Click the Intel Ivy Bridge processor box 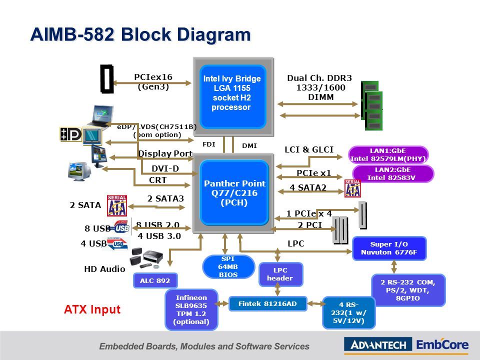click(232, 97)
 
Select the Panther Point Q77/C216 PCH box click(234, 192)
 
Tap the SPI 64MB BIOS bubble click(228, 267)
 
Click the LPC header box click(280, 274)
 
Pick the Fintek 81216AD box click(267, 303)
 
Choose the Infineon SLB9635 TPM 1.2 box click(191, 309)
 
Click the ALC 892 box click(155, 281)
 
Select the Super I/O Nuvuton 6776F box click(389, 248)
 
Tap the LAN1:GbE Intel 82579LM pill click(388, 154)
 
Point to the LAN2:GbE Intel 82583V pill click(393, 173)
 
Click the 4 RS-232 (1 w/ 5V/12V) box click(348, 312)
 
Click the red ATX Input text click(92, 309)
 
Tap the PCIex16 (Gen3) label click(153, 81)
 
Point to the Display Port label click(165, 153)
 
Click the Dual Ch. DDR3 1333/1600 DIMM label click(320, 87)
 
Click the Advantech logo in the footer click(378, 344)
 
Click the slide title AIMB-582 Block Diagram click(140, 35)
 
